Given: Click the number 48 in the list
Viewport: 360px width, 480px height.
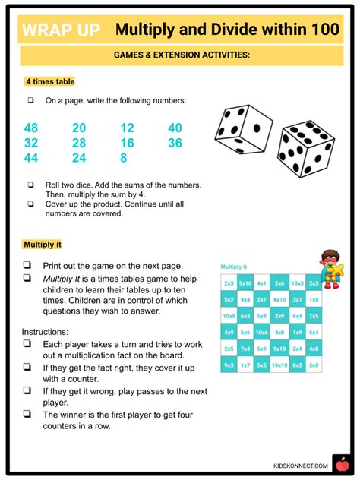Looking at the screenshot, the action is point(31,128).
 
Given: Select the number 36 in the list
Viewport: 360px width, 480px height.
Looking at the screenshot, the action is point(175,143).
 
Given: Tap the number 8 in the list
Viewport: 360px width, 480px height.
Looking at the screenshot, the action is point(124,157).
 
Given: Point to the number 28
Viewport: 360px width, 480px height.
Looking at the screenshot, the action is point(79,143).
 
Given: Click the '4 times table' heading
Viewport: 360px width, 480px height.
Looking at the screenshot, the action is point(49,81).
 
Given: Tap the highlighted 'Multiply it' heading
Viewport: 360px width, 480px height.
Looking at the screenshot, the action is point(42,245).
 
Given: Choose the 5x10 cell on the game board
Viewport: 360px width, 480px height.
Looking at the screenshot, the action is point(245,283).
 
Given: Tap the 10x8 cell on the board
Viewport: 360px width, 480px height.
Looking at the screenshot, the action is point(229,316).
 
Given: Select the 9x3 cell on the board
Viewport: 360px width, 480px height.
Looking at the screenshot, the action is point(229,366).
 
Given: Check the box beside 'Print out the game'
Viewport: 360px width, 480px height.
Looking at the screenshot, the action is point(27,266).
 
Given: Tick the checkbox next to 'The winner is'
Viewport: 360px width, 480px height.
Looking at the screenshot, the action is point(27,415).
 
